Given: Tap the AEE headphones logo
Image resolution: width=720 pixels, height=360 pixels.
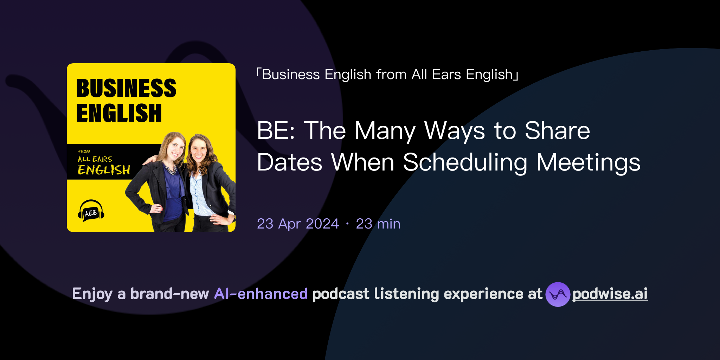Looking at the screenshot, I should [91, 211].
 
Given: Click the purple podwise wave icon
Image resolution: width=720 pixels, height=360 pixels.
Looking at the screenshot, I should [558, 294].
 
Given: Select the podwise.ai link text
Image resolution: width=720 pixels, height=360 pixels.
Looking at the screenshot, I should [610, 294].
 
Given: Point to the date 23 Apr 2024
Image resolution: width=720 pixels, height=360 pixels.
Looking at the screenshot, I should [298, 224].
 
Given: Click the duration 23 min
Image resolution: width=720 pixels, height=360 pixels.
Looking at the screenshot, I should [378, 224].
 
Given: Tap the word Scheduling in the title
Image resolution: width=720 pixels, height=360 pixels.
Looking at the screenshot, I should [465, 162].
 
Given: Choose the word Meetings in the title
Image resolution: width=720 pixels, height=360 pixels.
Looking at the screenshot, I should [588, 162].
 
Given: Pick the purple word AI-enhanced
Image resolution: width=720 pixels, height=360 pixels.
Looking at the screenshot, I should [261, 294].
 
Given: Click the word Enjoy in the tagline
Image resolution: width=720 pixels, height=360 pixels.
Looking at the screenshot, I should [92, 294].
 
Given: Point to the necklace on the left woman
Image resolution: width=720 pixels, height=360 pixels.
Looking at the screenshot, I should [171, 170].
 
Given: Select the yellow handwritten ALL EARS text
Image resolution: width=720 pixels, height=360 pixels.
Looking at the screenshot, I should [95, 159].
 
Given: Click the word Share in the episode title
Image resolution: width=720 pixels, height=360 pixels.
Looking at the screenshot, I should [557, 131].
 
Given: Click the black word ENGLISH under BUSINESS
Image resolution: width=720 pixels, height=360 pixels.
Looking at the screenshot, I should [119, 113].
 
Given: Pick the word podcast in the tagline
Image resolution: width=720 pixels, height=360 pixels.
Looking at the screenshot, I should [341, 294].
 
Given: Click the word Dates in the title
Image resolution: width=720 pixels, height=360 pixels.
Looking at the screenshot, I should [289, 162].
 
